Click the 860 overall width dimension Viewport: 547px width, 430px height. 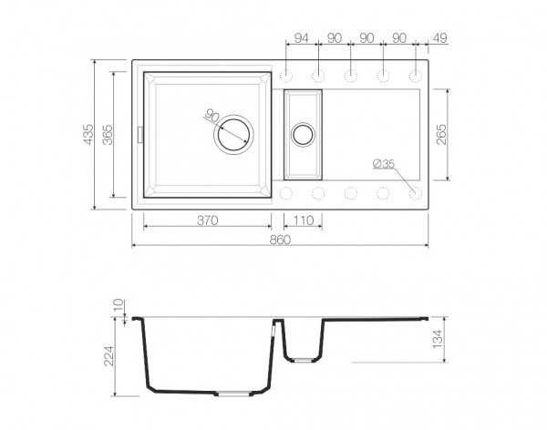(280, 240)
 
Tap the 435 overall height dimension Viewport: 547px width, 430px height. (88, 134)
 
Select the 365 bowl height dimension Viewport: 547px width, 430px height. (108, 134)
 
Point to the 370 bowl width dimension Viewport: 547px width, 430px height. (208, 220)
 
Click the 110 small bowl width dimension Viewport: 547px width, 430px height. (304, 220)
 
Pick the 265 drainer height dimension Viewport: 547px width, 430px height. (441, 134)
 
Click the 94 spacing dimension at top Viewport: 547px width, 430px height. (302, 38)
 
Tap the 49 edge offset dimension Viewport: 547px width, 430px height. (440, 38)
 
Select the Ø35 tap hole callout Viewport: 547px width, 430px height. (384, 163)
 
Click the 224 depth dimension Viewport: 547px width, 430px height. (109, 355)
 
